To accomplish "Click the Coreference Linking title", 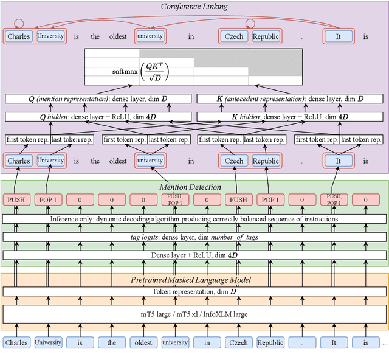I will pyautogui.click(x=194, y=7).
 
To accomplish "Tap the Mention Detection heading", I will pyautogui.click(x=194, y=187).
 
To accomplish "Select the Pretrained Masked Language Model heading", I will pyautogui.click(x=194, y=280).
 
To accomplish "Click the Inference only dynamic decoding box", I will pyautogui.click(x=194, y=218).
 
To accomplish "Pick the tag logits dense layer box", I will pyautogui.click(x=194, y=237).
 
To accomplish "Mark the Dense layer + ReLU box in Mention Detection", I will pyautogui.click(x=194, y=255).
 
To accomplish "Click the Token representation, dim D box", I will pyautogui.click(x=194, y=291).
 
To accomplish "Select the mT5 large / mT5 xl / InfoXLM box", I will pyautogui.click(x=194, y=314).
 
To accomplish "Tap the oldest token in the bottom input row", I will pyautogui.click(x=143, y=342).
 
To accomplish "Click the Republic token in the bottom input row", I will pyautogui.click(x=270, y=342).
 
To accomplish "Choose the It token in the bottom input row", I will pyautogui.click(x=334, y=342).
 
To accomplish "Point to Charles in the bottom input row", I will pyautogui.click(x=17, y=342).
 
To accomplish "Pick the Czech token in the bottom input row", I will pyautogui.click(x=239, y=342).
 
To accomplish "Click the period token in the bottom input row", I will pyautogui.click(x=302, y=342).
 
